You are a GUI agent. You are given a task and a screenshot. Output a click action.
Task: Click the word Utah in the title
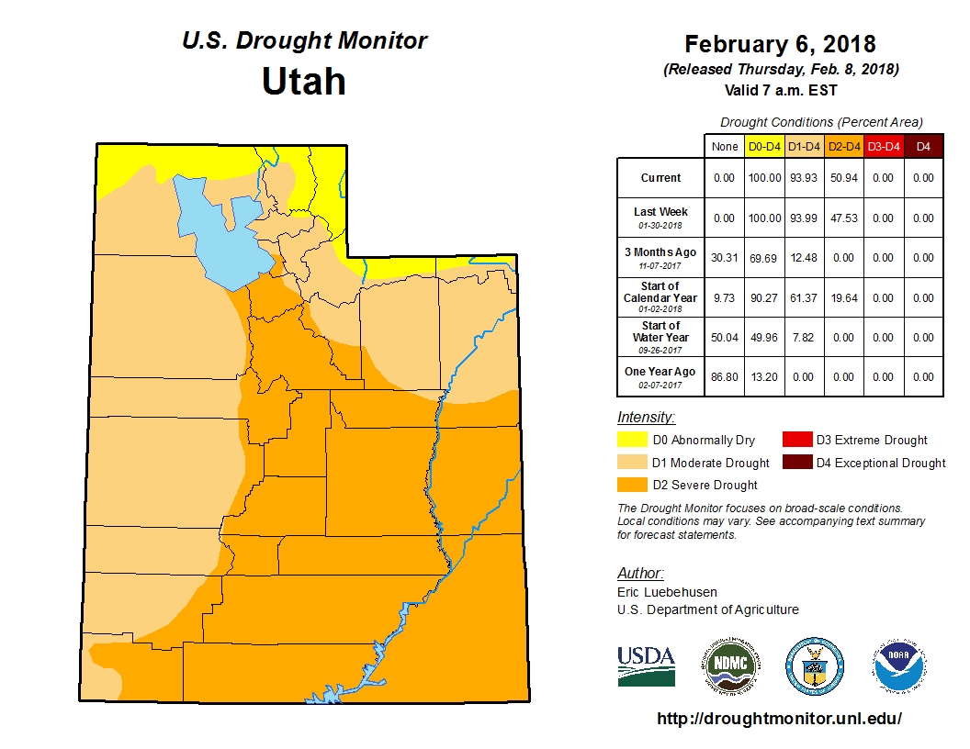303,82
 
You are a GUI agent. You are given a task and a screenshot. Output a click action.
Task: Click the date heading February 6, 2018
780,44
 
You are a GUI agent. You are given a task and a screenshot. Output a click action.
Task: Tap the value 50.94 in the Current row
843,178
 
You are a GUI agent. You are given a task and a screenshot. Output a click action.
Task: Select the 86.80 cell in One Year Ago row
725,377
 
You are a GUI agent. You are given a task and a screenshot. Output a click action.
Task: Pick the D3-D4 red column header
884,146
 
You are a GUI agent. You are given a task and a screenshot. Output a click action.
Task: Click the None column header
725,146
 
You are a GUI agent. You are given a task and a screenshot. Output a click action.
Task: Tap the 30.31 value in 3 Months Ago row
725,258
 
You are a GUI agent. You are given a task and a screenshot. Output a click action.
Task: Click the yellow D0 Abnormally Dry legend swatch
632,441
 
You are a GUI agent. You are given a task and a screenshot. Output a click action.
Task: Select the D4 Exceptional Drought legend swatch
796,463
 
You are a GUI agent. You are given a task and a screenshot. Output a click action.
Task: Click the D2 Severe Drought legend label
705,485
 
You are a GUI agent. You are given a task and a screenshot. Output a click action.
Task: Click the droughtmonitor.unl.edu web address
780,719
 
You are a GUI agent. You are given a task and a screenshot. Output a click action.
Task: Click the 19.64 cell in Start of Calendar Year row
843,297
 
